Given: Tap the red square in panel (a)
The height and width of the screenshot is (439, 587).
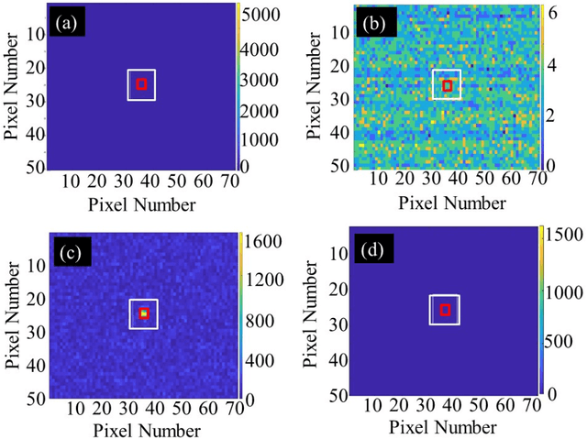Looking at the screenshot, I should [x=141, y=84].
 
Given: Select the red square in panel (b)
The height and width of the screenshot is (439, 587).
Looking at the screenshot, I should [x=448, y=85].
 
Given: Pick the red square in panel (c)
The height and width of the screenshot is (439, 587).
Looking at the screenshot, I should [x=143, y=313].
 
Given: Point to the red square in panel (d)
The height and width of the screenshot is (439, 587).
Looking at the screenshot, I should [x=446, y=310].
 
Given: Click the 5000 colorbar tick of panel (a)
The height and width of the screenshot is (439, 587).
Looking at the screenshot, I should [x=263, y=14].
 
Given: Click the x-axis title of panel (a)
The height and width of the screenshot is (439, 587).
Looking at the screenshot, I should [x=140, y=201].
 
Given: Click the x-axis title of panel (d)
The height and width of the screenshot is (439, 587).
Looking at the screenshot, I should [x=445, y=426].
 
